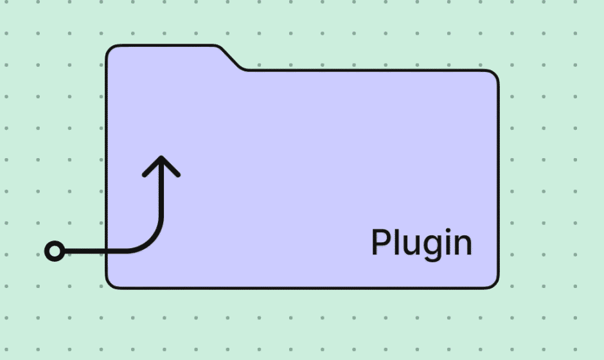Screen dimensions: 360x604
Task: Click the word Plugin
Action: (x=422, y=244)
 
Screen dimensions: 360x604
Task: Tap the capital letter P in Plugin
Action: (x=380, y=242)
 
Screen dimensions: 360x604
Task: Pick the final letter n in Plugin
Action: (x=464, y=245)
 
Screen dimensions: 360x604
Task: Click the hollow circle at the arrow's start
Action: (x=55, y=251)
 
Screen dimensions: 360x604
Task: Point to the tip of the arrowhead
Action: (x=161, y=157)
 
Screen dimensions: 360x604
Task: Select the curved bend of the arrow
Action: (x=152, y=242)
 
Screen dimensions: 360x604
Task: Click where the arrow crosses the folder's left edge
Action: (x=107, y=251)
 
